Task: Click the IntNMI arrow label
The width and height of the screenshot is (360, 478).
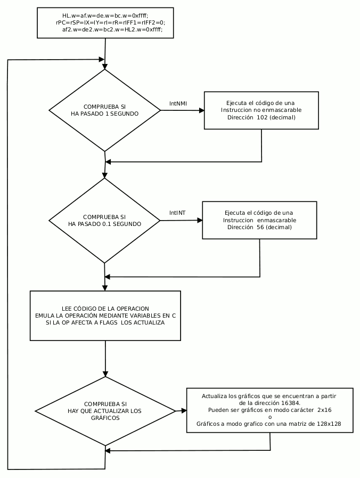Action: [178, 104]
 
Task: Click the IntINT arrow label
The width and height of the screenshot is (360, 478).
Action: [177, 213]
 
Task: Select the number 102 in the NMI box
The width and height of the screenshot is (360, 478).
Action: [262, 117]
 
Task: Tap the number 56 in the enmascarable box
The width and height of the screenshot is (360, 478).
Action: [260, 227]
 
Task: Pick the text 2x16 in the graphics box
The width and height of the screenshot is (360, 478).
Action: [324, 410]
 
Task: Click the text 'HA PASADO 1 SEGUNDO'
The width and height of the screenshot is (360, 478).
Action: [104, 114]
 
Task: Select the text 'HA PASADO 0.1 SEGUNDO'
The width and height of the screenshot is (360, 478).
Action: [104, 224]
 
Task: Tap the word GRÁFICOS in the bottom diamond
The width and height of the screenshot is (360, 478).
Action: [105, 418]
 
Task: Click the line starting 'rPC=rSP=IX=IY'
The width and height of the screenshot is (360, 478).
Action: [111, 22]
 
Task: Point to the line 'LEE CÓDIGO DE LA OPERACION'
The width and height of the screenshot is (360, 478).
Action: [105, 309]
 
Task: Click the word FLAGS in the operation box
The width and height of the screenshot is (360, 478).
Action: [108, 322]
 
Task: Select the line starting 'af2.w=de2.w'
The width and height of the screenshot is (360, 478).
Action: [112, 29]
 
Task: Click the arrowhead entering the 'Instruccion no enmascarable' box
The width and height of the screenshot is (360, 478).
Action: [202, 110]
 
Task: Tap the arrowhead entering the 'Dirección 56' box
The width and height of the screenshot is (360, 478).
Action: [200, 220]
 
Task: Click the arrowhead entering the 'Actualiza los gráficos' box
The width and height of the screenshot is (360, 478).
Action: [184, 411]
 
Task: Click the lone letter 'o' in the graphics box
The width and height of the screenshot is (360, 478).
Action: [270, 417]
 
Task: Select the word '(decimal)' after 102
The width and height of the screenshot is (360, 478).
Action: [282, 117]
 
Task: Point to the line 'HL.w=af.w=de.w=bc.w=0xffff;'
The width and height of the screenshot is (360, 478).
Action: [105, 15]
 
